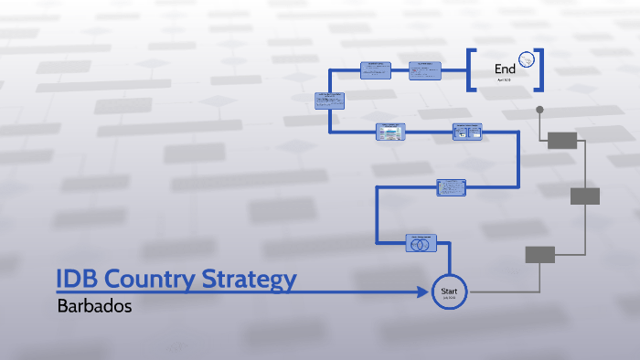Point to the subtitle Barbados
click(94, 306)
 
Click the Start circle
click(448, 291)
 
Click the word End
click(505, 69)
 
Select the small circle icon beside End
click(526, 60)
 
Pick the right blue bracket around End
click(539, 69)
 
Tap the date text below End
click(505, 80)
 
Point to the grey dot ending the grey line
click(539, 110)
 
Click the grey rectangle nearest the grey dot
click(562, 140)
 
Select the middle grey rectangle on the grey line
click(584, 196)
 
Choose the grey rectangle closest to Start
click(539, 254)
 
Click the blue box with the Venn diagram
click(421, 243)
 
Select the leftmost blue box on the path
click(329, 101)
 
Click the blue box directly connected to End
click(425, 70)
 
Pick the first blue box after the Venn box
click(452, 186)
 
